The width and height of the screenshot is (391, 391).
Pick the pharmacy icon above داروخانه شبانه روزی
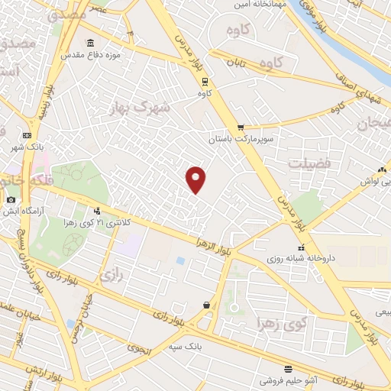[x=309, y=247]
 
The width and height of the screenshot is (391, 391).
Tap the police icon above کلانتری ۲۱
[x=96, y=211]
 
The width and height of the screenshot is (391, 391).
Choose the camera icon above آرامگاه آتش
[x=11, y=200]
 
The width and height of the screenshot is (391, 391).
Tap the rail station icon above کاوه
[x=204, y=80]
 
